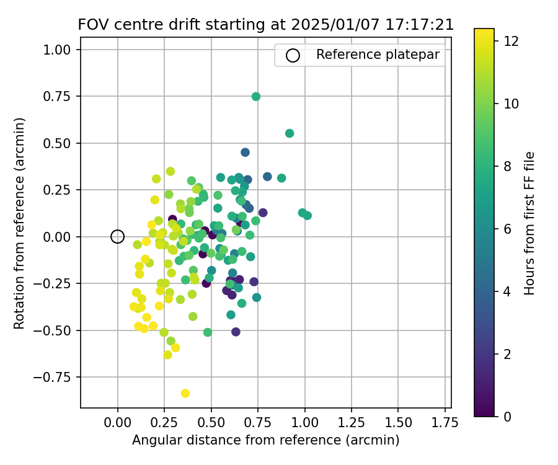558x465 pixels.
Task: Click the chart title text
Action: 265,25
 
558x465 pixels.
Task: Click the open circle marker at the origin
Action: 118,236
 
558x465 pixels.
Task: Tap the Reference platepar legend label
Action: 378,55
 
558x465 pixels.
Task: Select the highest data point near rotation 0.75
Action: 256,96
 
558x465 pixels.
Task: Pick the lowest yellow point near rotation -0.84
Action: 185,393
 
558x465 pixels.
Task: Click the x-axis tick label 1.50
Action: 398,423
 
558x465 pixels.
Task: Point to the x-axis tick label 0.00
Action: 118,423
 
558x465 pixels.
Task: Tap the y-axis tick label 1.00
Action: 60,50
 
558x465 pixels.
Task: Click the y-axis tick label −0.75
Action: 56,377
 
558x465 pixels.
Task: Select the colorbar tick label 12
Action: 511,42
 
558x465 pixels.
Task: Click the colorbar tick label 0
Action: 507,416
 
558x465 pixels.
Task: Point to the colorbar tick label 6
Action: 507,229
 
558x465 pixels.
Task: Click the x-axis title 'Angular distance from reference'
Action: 265,440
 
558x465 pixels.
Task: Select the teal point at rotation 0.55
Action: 290,133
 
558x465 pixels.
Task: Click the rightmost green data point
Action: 308,215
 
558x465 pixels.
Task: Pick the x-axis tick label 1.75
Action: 445,423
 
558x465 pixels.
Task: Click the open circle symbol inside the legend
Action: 293,55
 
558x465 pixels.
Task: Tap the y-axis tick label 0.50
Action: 60,143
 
